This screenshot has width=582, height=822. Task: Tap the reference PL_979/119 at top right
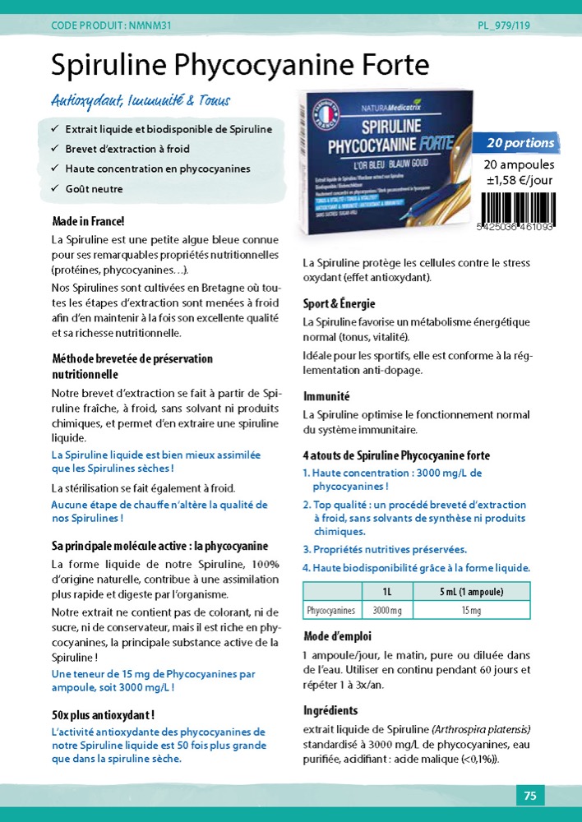click(503, 25)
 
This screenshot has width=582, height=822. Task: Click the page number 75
click(530, 796)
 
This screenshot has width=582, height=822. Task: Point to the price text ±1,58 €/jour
click(519, 181)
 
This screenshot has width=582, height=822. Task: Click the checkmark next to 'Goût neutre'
click(54, 189)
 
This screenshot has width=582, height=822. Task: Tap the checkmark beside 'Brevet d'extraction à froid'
click(54, 150)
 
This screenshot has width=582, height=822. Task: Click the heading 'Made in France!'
click(88, 221)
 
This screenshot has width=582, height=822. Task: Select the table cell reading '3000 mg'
click(387, 611)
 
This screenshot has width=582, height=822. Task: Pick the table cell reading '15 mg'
click(471, 611)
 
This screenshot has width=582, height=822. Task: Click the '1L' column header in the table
click(387, 592)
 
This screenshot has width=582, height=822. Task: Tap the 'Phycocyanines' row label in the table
click(330, 611)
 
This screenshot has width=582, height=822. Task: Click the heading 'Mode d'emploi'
click(337, 636)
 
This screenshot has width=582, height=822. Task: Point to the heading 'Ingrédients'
click(330, 710)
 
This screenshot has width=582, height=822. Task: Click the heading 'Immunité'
click(326, 396)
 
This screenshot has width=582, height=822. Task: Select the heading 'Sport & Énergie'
click(339, 303)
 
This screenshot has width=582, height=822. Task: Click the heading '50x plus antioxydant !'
click(103, 714)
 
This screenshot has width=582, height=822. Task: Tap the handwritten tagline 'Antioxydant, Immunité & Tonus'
click(141, 101)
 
